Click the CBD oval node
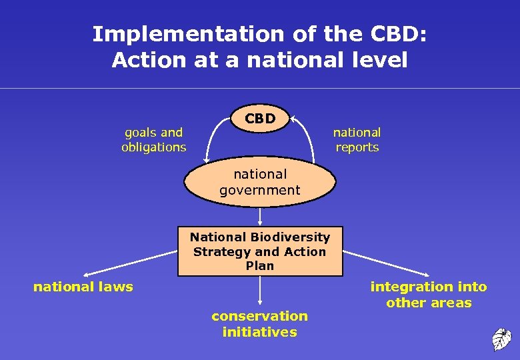click(x=260, y=119)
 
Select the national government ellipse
click(x=260, y=182)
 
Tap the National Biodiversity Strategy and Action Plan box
click(x=260, y=251)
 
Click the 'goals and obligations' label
click(x=153, y=140)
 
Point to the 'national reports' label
click(x=357, y=140)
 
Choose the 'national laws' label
click(x=83, y=287)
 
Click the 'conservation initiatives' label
click(x=260, y=324)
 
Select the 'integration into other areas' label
click(x=429, y=295)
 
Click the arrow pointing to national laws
click(x=130, y=263)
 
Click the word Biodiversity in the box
click(x=291, y=237)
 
